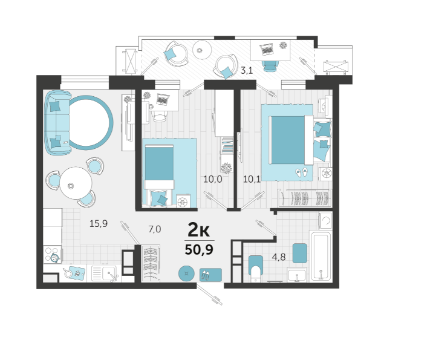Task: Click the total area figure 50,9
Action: click(199, 249)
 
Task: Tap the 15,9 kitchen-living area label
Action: click(99, 224)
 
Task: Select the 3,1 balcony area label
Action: click(247, 71)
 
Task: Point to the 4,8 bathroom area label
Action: click(279, 257)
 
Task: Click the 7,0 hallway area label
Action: click(155, 229)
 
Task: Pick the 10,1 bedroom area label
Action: click(252, 179)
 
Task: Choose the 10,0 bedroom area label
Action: click(213, 179)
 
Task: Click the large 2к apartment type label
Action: click(198, 229)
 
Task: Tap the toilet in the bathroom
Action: click(256, 269)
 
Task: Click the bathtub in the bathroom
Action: click(321, 256)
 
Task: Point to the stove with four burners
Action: click(53, 254)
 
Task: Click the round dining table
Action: click(76, 183)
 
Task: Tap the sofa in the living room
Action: click(57, 123)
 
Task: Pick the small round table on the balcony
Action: click(202, 50)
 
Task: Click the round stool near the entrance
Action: click(186, 273)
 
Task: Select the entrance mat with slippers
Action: click(210, 275)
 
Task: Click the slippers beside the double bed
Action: click(302, 172)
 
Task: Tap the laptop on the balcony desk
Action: click(267, 50)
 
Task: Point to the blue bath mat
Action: click(300, 253)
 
